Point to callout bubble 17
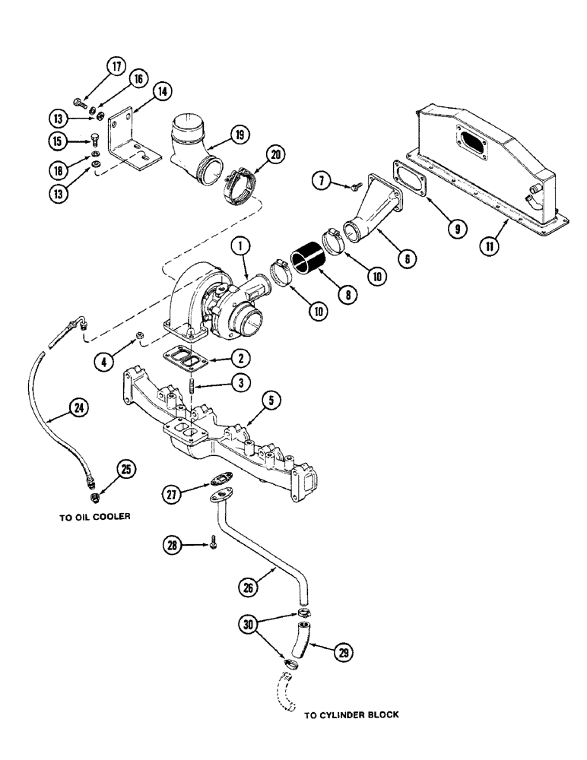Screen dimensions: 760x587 (x=116, y=67)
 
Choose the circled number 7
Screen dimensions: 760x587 (x=323, y=180)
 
